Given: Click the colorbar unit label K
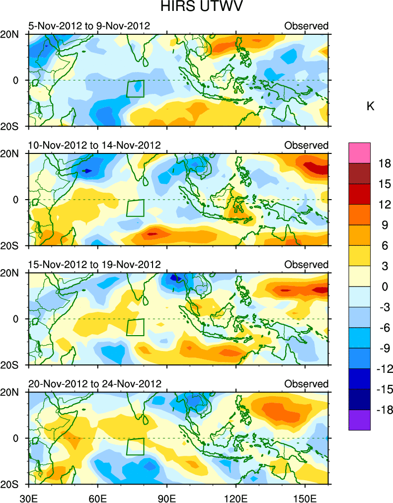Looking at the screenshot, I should (370, 106).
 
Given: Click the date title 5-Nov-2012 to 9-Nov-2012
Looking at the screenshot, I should (89, 26).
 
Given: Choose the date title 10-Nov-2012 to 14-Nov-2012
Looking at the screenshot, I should (94, 145).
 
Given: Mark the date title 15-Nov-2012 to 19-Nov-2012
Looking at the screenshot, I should (94, 264).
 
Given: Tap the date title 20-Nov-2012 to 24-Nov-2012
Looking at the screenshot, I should (94, 384).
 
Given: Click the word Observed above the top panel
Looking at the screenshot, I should (307, 26).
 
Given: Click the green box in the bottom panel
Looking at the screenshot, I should (135, 446).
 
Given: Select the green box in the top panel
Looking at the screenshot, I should (135, 88).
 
